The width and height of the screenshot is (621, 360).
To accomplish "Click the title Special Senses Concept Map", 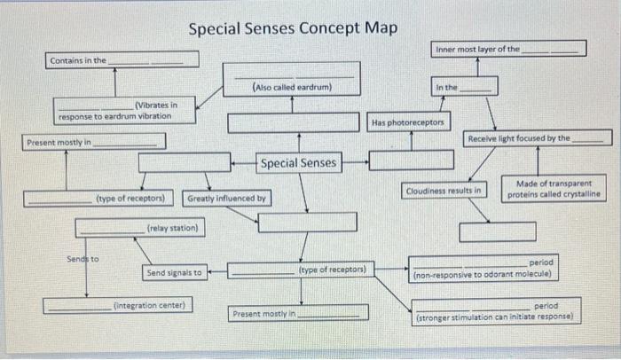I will (293, 27).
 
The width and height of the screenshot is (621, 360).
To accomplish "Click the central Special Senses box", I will (298, 162).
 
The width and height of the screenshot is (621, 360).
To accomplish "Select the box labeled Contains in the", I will (122, 60).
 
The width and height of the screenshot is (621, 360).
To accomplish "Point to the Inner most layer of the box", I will (509, 49).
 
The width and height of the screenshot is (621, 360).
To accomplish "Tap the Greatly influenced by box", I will (226, 198).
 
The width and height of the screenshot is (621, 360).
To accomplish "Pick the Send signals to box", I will (174, 272).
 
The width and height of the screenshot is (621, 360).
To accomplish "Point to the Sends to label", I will (83, 259).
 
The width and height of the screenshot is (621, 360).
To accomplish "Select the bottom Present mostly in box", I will (299, 313).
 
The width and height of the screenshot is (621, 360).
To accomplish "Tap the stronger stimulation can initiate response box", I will (497, 309).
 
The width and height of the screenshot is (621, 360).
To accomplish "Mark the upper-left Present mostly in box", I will (94, 141).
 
